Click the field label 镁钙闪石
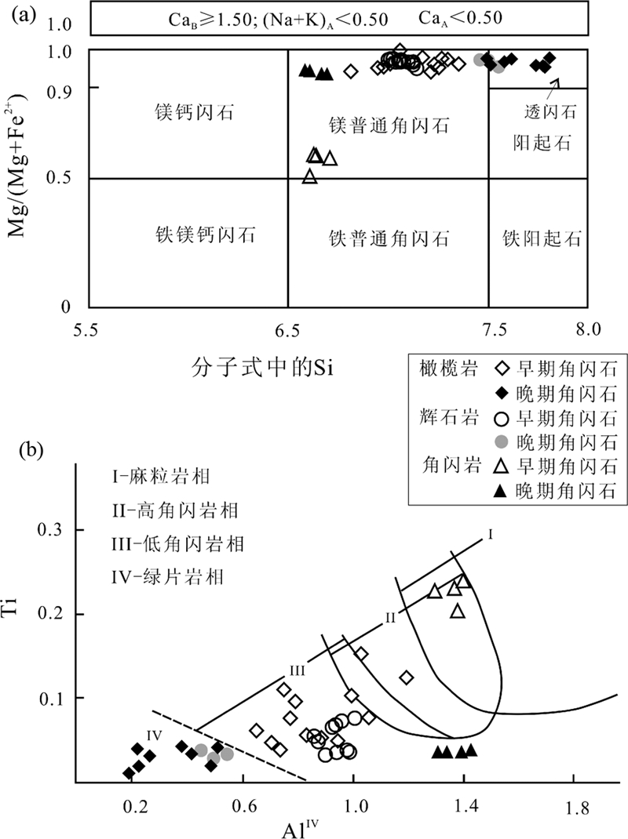(x=189, y=113)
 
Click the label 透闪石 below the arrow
(x=550, y=112)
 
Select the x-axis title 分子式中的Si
(x=263, y=367)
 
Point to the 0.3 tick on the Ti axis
(x=53, y=531)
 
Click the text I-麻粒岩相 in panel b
(x=161, y=475)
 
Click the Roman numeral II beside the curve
(x=389, y=618)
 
